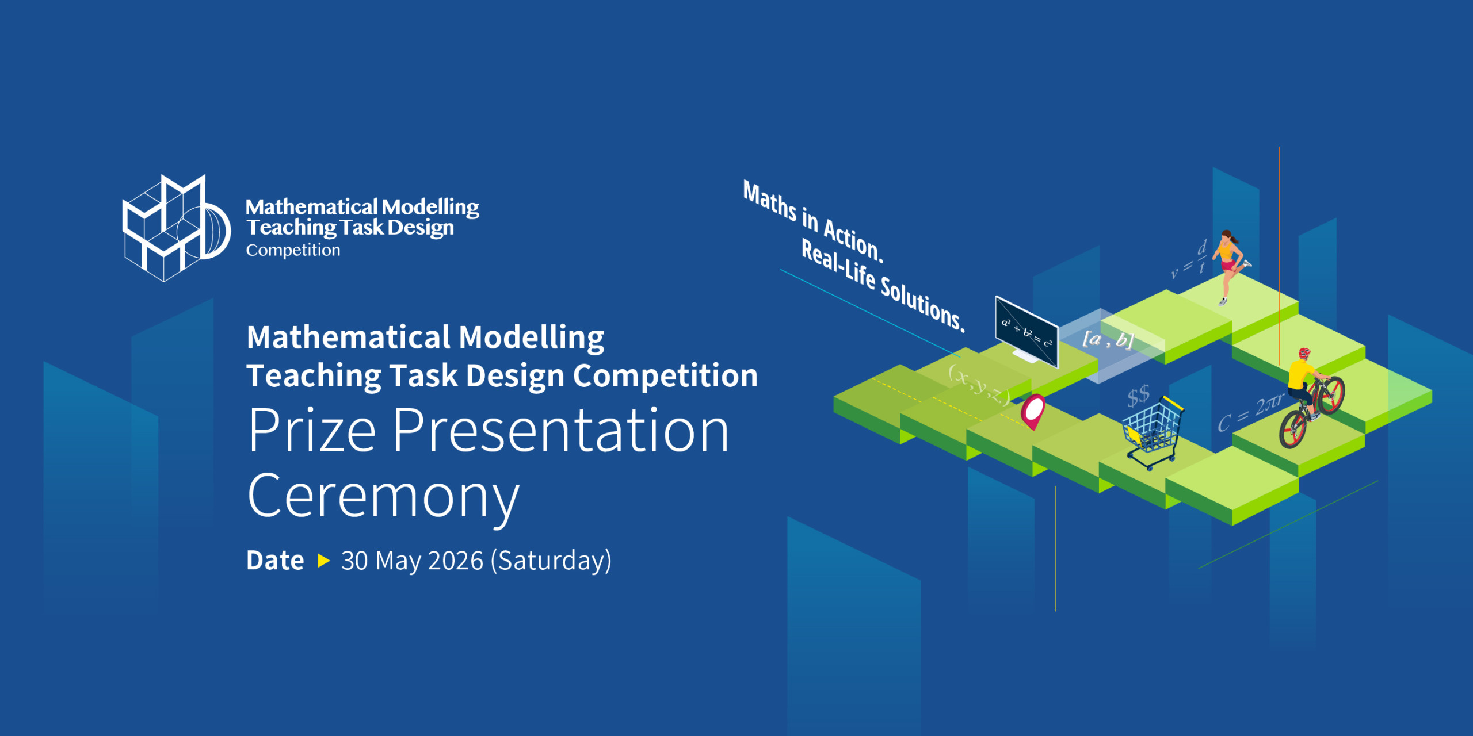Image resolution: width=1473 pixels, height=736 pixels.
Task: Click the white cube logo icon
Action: [175, 228]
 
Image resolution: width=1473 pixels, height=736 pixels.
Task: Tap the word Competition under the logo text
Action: [293, 251]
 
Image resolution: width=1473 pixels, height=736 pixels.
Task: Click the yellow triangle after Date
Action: [324, 561]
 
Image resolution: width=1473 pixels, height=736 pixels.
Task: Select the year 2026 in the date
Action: [455, 561]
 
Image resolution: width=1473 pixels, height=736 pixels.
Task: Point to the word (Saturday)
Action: [551, 561]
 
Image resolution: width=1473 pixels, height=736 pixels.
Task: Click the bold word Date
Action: [275, 561]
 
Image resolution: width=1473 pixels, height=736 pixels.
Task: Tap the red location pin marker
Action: [1033, 411]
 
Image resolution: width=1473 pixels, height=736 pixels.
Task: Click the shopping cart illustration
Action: [1153, 432]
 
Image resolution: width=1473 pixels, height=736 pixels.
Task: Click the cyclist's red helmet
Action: [1304, 353]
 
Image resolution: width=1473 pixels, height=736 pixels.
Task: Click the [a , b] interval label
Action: [1108, 339]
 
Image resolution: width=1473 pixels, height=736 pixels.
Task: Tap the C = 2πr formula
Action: [1250, 413]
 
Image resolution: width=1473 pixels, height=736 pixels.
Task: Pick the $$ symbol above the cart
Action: [1139, 396]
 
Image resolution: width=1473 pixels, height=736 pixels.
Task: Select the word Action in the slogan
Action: [853, 240]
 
